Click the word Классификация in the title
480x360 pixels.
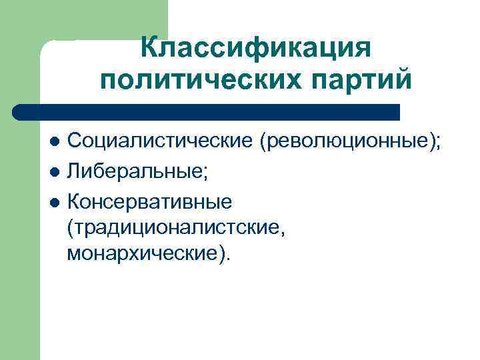coord(255,49)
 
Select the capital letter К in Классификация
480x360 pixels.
coord(151,49)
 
